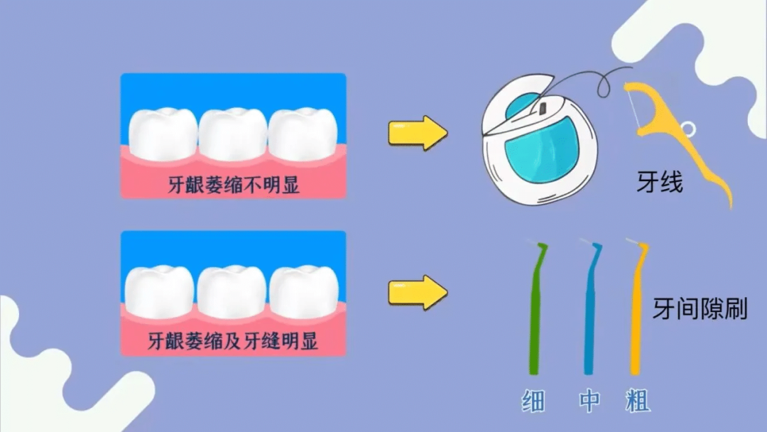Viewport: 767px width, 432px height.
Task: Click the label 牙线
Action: [x=659, y=184]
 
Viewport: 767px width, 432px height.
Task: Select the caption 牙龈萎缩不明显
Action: [x=233, y=185]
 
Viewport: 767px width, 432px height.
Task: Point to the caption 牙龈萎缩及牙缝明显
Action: [x=233, y=342]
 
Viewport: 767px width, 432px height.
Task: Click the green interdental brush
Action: [x=535, y=313]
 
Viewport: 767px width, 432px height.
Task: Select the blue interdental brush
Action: [x=589, y=313]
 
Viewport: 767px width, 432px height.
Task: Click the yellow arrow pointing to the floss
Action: [x=418, y=134]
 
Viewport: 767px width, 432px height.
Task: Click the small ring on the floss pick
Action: [x=687, y=129]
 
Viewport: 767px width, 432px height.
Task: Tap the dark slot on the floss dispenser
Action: [x=541, y=109]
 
